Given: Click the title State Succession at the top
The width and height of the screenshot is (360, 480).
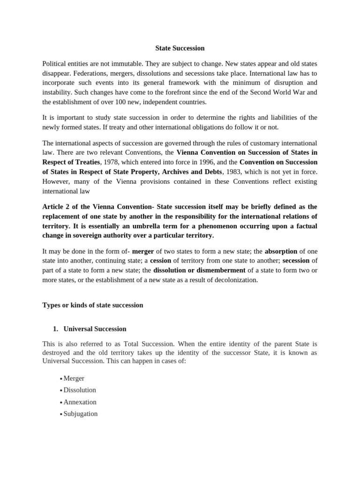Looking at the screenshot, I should [180, 48].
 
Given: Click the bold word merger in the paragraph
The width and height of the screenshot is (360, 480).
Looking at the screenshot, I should [143, 251].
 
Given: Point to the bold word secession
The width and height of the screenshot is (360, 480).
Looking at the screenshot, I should [296, 261].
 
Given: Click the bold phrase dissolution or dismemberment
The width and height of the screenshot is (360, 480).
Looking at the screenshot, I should [199, 270].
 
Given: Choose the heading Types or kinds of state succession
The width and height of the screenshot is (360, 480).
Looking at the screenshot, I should [93, 305].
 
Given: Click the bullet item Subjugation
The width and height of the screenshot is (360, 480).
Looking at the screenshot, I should [81, 414].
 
